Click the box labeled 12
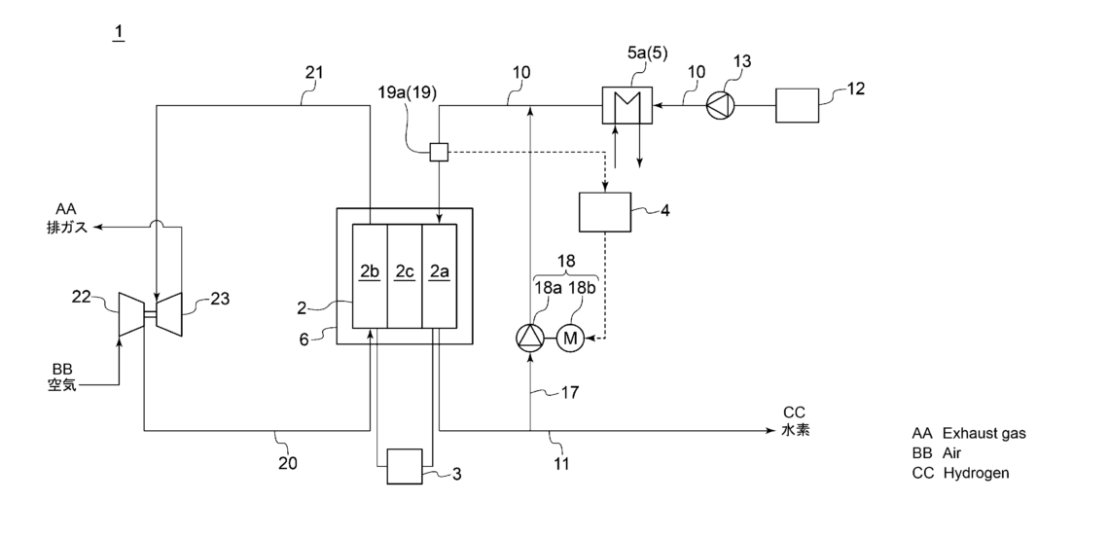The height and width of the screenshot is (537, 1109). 796,104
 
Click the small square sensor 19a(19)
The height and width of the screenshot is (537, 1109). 439,152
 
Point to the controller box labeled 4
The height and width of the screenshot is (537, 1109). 605,212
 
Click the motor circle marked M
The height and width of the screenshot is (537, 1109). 570,339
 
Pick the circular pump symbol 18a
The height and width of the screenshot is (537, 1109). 529,339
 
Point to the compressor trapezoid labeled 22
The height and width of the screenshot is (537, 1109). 130,314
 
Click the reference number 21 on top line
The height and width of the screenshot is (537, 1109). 311,74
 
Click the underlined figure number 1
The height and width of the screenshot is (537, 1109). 119,33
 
